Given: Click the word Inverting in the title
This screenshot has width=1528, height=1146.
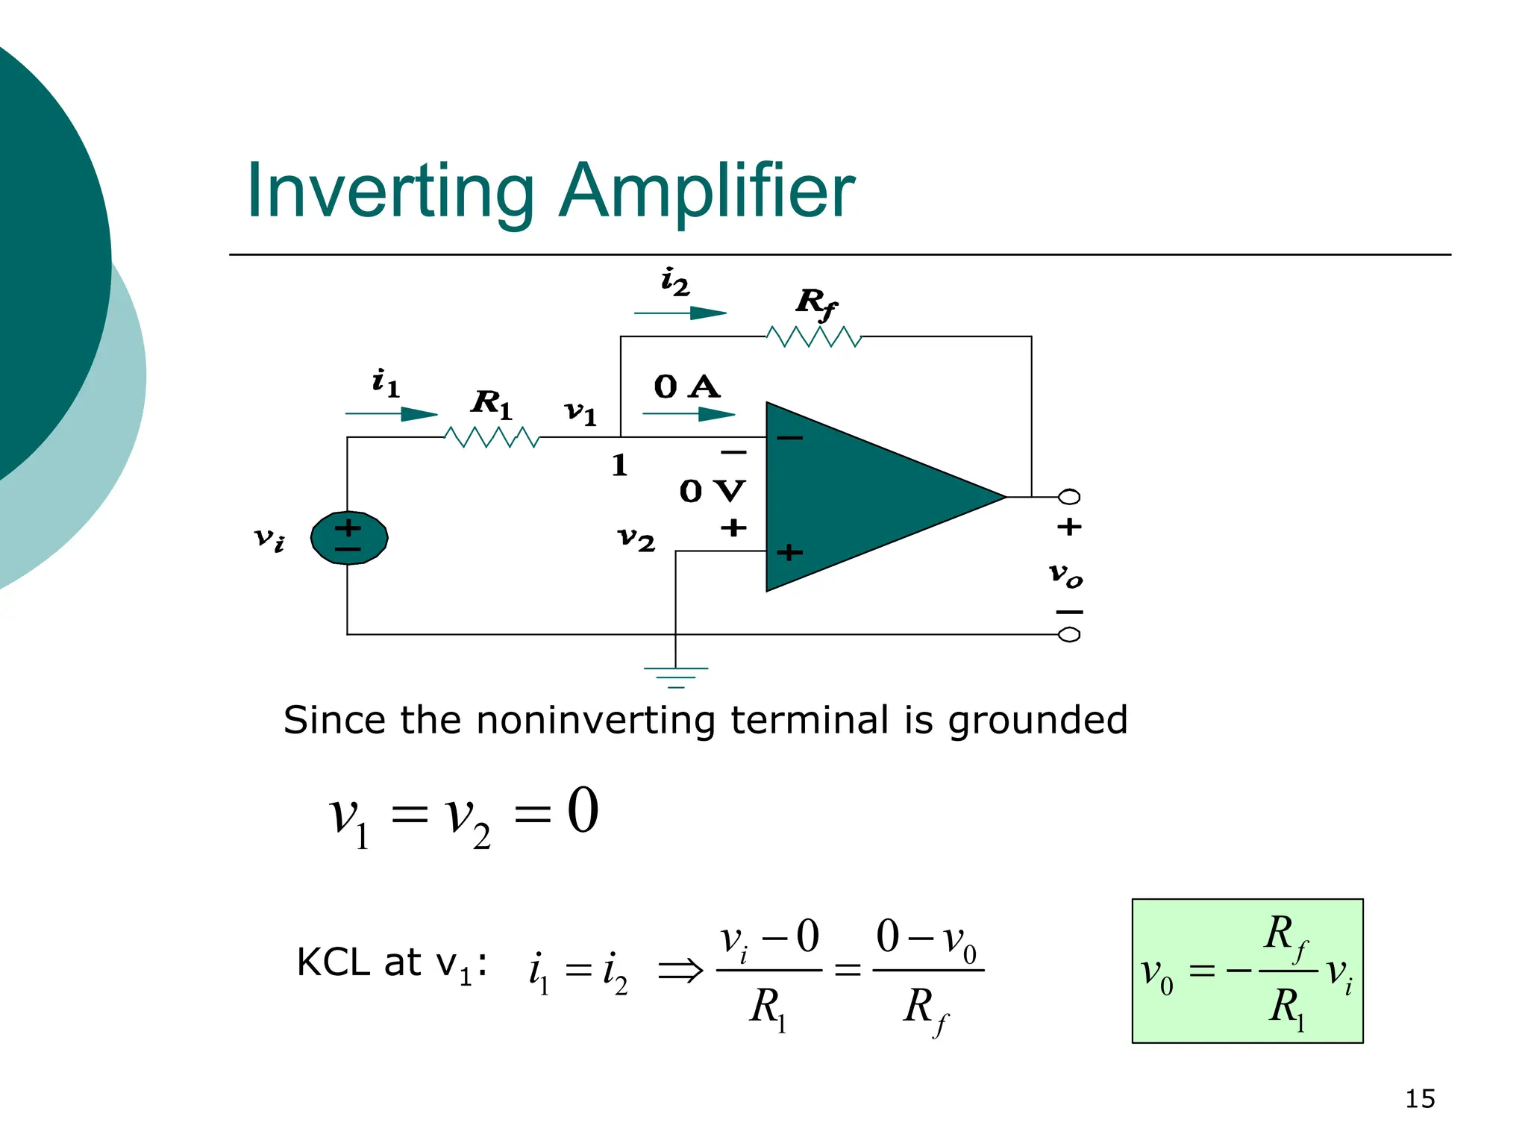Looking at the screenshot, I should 390,192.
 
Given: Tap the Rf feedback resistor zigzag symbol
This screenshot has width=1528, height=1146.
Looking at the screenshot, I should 814,337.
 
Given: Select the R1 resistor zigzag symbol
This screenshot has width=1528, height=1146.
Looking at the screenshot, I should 491,437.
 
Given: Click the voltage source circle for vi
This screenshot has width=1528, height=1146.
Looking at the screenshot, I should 348,538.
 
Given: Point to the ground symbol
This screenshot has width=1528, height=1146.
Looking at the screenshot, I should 676,676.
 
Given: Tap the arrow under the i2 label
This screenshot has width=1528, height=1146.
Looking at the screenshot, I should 680,313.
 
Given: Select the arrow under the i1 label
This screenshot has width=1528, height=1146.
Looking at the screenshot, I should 391,414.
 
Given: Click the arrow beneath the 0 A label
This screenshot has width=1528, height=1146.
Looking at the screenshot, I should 688,413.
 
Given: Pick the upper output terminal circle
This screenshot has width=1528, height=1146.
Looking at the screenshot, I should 1069,497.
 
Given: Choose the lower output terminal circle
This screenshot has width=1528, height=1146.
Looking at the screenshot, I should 1069,635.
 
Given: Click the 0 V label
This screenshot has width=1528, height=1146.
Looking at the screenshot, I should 712,491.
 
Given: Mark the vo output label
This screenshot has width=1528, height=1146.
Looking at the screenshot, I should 1065,574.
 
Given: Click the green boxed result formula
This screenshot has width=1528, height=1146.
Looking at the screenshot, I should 1247,971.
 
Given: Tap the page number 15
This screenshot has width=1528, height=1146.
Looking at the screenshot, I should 1419,1099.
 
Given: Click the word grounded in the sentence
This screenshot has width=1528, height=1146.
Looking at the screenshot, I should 1037,721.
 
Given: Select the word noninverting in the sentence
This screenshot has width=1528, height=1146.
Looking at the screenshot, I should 597,721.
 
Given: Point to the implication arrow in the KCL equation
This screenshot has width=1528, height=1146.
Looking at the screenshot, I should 680,971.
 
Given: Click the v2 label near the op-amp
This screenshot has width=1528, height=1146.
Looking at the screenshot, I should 636,538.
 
